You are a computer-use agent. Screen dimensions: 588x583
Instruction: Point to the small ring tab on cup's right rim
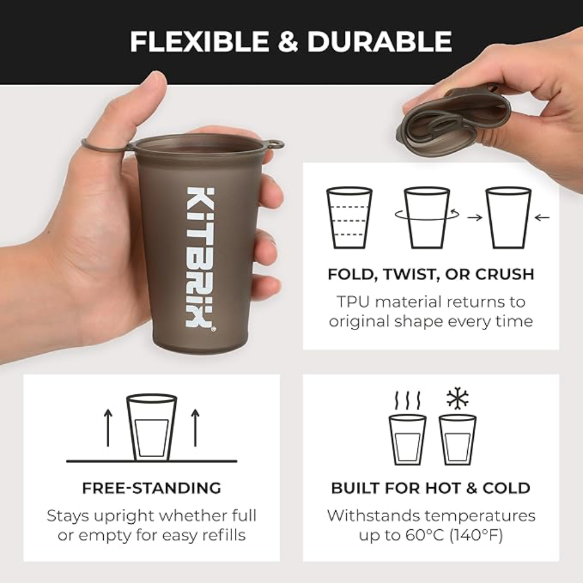tap(276, 145)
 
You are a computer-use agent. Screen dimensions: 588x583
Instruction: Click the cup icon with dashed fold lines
tap(349, 217)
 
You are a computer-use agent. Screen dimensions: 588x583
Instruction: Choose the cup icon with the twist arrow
tap(426, 217)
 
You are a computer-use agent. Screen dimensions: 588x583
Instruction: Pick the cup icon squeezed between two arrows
tap(508, 217)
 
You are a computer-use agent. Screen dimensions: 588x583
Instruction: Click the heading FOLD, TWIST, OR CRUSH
tap(431, 274)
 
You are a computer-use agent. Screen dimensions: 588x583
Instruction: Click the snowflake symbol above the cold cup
tap(457, 398)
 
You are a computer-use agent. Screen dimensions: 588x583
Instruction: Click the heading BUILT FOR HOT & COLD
tap(431, 488)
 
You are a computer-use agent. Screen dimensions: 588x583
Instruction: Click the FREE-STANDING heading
tap(152, 488)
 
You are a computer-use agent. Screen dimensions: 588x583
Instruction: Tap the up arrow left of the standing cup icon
tap(108, 427)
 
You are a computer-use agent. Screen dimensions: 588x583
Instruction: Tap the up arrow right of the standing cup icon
tap(195, 427)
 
